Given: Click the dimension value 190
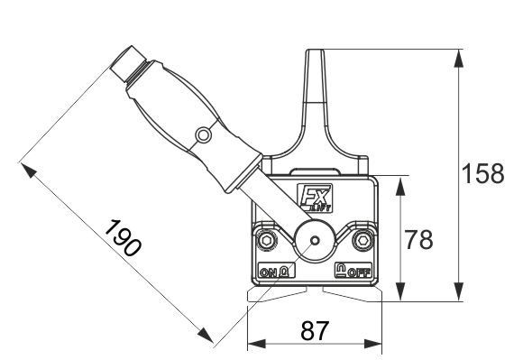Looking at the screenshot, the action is [x=123, y=238].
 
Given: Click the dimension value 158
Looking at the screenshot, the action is [x=482, y=173].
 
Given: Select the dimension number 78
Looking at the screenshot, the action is [x=419, y=239].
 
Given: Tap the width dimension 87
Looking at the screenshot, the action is [x=315, y=330].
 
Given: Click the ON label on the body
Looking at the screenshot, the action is [x=269, y=272].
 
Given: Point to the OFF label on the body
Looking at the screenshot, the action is [x=359, y=273].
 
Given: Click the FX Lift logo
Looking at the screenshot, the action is [x=316, y=198].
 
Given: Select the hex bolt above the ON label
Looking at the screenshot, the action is [x=267, y=240].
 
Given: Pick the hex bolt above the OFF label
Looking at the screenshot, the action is [x=362, y=240].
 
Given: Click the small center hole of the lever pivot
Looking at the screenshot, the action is [x=314, y=240].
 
